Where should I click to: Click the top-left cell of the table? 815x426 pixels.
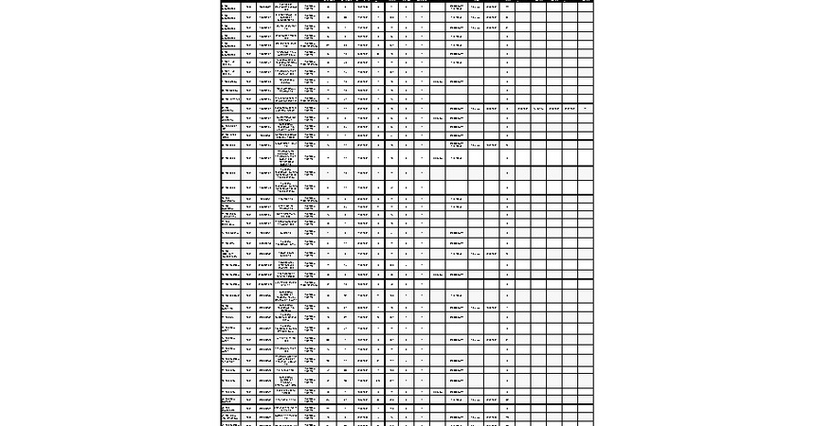tap(227, 6)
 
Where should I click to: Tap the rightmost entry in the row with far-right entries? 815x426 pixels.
tap(585, 109)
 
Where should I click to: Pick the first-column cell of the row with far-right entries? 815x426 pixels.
tap(227, 109)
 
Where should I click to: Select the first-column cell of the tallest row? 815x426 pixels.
tap(227, 158)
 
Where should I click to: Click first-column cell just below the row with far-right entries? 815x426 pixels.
tap(227, 118)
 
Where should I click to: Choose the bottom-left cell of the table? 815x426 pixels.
tap(227, 422)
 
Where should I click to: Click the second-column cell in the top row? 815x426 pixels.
tap(248, 6)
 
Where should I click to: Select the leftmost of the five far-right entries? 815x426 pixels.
tap(522, 109)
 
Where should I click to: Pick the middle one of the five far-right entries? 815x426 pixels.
tap(553, 109)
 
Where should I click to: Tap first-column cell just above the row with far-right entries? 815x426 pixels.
tap(227, 98)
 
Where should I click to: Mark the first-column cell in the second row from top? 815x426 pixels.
tap(227, 17)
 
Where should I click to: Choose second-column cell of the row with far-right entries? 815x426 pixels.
tap(248, 109)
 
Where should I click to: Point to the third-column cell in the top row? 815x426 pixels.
tap(264, 6)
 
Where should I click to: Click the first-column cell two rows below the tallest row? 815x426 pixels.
tap(227, 187)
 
